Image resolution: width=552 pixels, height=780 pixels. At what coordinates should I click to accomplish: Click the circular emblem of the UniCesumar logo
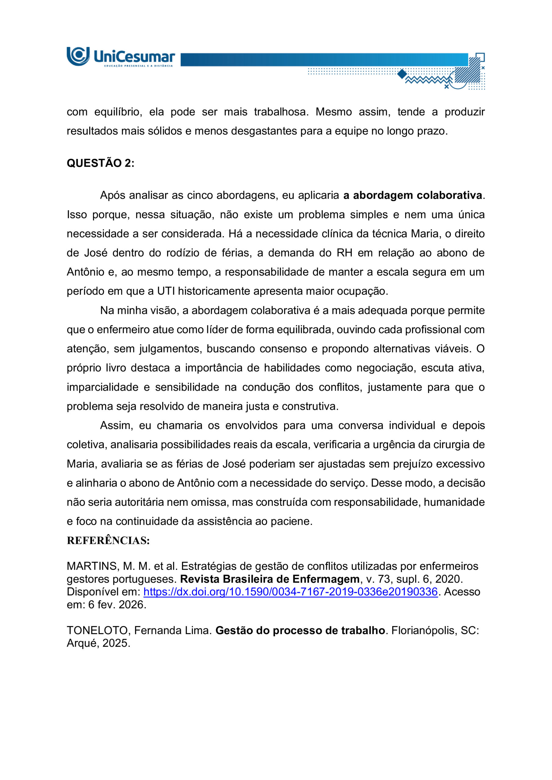pyautogui.click(x=78, y=56)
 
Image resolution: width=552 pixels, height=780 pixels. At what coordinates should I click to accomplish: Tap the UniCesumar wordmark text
pyautogui.click(x=134, y=56)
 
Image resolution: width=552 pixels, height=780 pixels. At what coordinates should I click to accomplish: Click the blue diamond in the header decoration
pyautogui.click(x=402, y=74)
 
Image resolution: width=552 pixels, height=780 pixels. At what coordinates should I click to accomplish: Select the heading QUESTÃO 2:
pyautogui.click(x=100, y=163)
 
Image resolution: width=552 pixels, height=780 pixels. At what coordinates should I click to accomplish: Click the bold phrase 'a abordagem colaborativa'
pyautogui.click(x=413, y=195)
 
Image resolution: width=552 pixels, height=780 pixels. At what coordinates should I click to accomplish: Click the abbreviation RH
pyautogui.click(x=344, y=253)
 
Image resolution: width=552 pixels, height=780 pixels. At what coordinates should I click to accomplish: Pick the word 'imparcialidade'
pyautogui.click(x=102, y=387)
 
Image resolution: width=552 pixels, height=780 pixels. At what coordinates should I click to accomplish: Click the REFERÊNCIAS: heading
pyautogui.click(x=108, y=541)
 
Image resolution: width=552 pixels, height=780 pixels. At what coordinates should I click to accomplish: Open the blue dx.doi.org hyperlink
pyautogui.click(x=290, y=592)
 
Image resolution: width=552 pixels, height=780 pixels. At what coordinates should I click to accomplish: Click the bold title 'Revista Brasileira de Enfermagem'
pyautogui.click(x=269, y=579)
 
